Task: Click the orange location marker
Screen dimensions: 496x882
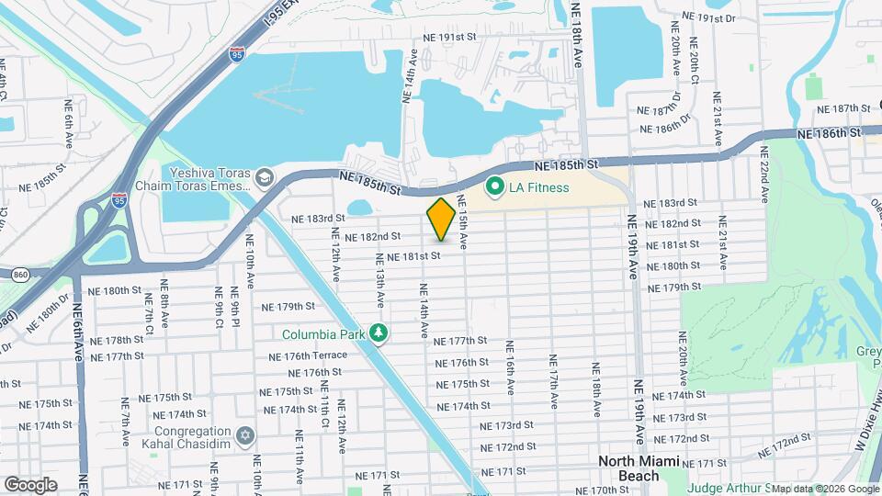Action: click(x=441, y=219)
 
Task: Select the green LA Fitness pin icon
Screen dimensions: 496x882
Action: click(x=495, y=187)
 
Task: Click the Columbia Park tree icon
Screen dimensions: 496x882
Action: click(x=378, y=333)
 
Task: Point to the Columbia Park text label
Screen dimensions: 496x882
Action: click(x=322, y=334)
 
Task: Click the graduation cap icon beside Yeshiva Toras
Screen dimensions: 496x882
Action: click(x=265, y=176)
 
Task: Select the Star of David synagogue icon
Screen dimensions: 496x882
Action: click(x=244, y=434)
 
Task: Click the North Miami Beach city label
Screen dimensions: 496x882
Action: click(x=640, y=468)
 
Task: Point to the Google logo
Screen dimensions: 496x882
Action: click(x=31, y=484)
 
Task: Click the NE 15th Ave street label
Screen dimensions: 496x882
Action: click(x=463, y=224)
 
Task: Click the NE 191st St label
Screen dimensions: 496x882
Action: click(x=451, y=38)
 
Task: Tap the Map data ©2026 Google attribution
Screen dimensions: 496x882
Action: click(x=824, y=488)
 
